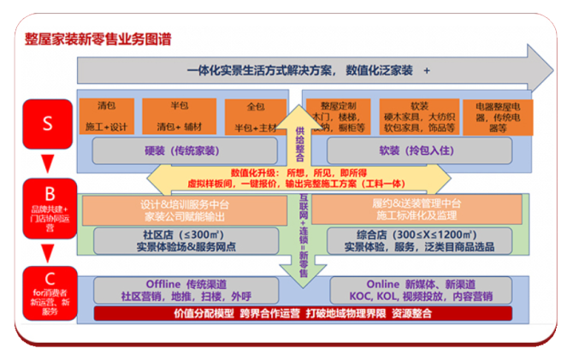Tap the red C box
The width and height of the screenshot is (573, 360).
click(x=47, y=292)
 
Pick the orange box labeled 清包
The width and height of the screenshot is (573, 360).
click(x=109, y=116)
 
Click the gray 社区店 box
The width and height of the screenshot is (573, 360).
click(x=186, y=240)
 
